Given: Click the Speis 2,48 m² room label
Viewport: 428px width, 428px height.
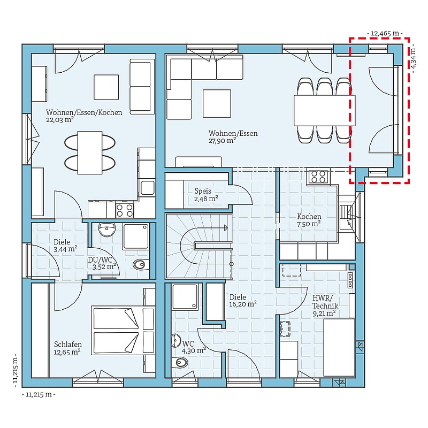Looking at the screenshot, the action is tap(206, 195).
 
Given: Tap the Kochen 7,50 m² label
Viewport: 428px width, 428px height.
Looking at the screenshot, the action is tap(309, 220).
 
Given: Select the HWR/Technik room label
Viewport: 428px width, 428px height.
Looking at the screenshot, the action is tap(325, 305).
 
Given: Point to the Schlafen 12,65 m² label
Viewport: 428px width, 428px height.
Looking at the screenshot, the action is tap(67, 348).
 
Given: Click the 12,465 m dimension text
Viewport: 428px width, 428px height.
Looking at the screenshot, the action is tap(385, 33).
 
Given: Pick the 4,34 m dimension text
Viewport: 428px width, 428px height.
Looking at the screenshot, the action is tap(414, 58).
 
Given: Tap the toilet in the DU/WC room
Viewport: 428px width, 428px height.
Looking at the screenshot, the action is tap(141, 264).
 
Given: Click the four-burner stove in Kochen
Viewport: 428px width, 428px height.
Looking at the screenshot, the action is tap(318, 177).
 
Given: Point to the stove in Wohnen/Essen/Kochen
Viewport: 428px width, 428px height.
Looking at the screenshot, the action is tap(125, 210).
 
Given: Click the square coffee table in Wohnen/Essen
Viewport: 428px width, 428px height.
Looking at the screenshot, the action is tap(217, 103).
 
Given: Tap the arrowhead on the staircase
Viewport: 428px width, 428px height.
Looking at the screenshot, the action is tap(226, 228).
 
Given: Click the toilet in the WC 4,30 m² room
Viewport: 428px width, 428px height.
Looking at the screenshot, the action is tap(181, 363).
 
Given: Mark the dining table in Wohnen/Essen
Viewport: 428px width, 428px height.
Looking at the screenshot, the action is tap(324, 110).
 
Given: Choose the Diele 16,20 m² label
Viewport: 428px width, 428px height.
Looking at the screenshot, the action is tap(243, 301).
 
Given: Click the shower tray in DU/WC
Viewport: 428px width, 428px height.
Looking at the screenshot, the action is tap(136, 236).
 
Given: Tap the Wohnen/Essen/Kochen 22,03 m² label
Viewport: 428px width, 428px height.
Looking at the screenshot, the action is tap(84, 116).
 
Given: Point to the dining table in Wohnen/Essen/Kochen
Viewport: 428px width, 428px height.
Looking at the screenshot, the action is tap(90, 152).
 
